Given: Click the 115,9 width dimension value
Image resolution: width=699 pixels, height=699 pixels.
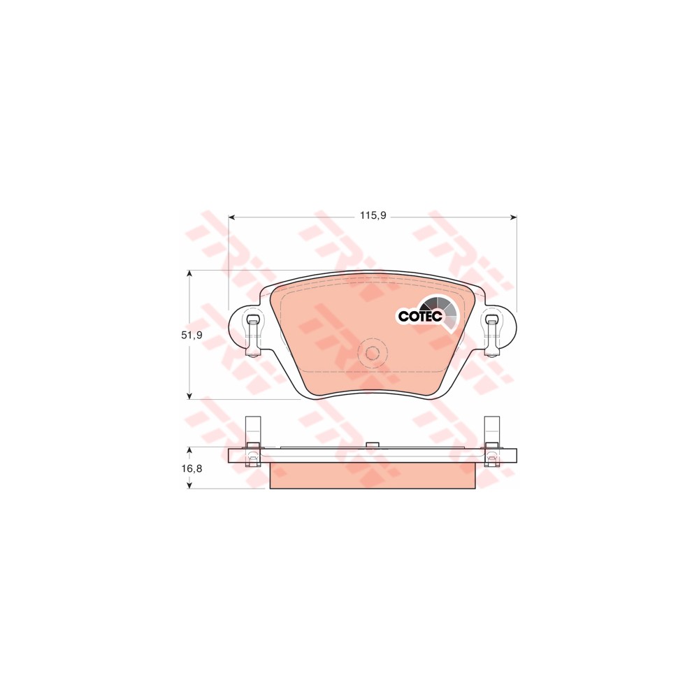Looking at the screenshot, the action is pyautogui.click(x=373, y=216).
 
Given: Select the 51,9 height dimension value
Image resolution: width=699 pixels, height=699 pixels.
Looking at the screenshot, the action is pyautogui.click(x=192, y=335).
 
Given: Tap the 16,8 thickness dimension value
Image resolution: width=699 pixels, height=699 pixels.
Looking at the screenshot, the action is pyautogui.click(x=192, y=468).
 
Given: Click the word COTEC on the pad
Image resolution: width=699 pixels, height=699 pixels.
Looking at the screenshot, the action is pyautogui.click(x=420, y=316).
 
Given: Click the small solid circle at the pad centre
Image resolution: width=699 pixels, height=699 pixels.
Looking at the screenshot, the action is pyautogui.click(x=373, y=354).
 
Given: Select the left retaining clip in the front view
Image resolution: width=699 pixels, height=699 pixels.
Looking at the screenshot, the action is pyautogui.click(x=253, y=336).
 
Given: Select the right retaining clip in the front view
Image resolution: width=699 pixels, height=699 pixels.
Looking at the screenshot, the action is pyautogui.click(x=491, y=336).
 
